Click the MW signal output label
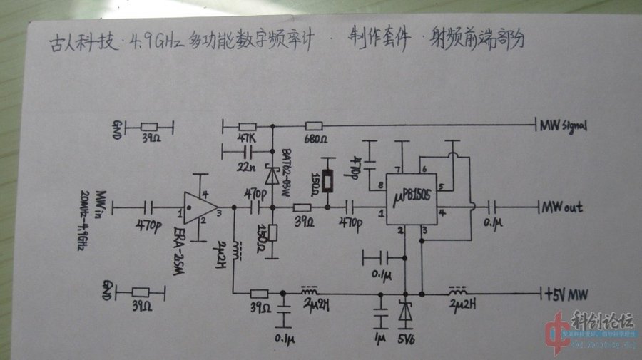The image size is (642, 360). coord(563,126)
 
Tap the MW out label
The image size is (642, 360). coord(563,207)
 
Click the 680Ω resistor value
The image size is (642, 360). coord(315,138)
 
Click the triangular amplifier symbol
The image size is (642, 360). coord(199,207)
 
